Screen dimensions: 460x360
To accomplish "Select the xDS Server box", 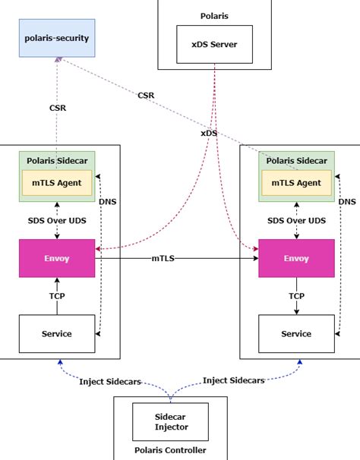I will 214,44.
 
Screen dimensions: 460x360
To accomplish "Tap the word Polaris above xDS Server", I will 214,14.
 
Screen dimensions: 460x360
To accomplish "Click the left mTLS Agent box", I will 58,182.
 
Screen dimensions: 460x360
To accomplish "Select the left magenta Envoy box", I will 58,258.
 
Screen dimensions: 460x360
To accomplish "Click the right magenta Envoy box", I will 296,258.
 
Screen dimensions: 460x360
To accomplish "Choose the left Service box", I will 58,333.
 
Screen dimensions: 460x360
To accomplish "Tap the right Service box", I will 296,333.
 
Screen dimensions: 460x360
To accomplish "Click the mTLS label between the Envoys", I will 163,259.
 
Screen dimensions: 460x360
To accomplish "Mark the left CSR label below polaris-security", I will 58,108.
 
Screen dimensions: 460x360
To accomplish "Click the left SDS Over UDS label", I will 58,220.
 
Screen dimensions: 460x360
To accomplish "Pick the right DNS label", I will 346,201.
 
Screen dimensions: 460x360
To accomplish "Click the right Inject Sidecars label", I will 234,380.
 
